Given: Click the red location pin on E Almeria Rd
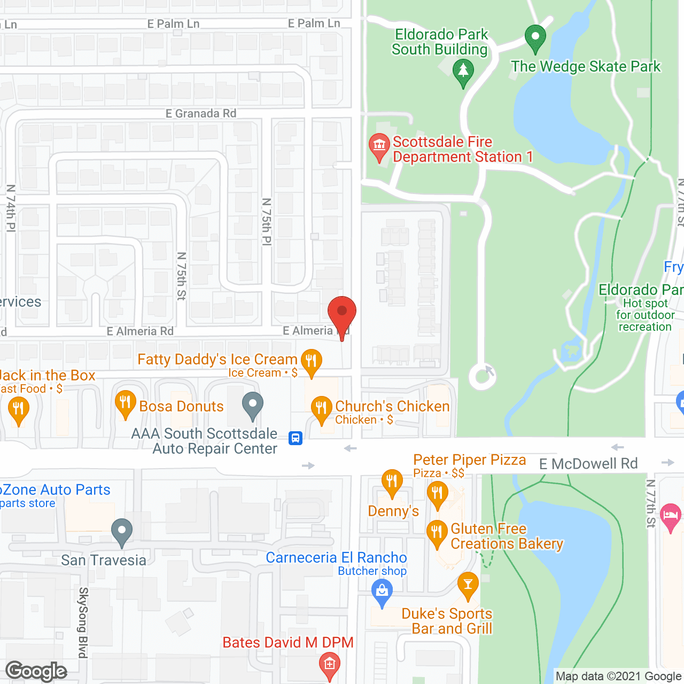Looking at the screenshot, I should tap(341, 313).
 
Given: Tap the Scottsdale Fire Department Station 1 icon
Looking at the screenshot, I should tap(379, 145).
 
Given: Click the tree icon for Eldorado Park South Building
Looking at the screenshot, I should tap(463, 71).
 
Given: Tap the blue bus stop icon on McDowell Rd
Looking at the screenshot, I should tap(296, 438).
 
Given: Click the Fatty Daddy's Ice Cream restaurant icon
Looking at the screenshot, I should tap(311, 361).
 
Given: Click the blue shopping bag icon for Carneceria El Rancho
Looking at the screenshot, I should tap(382, 592).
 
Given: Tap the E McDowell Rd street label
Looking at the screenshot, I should tap(588, 464).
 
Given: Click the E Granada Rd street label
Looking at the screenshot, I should tap(201, 113).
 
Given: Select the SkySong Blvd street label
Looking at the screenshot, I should tap(83, 622).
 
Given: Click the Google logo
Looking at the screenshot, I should tap(36, 671).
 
